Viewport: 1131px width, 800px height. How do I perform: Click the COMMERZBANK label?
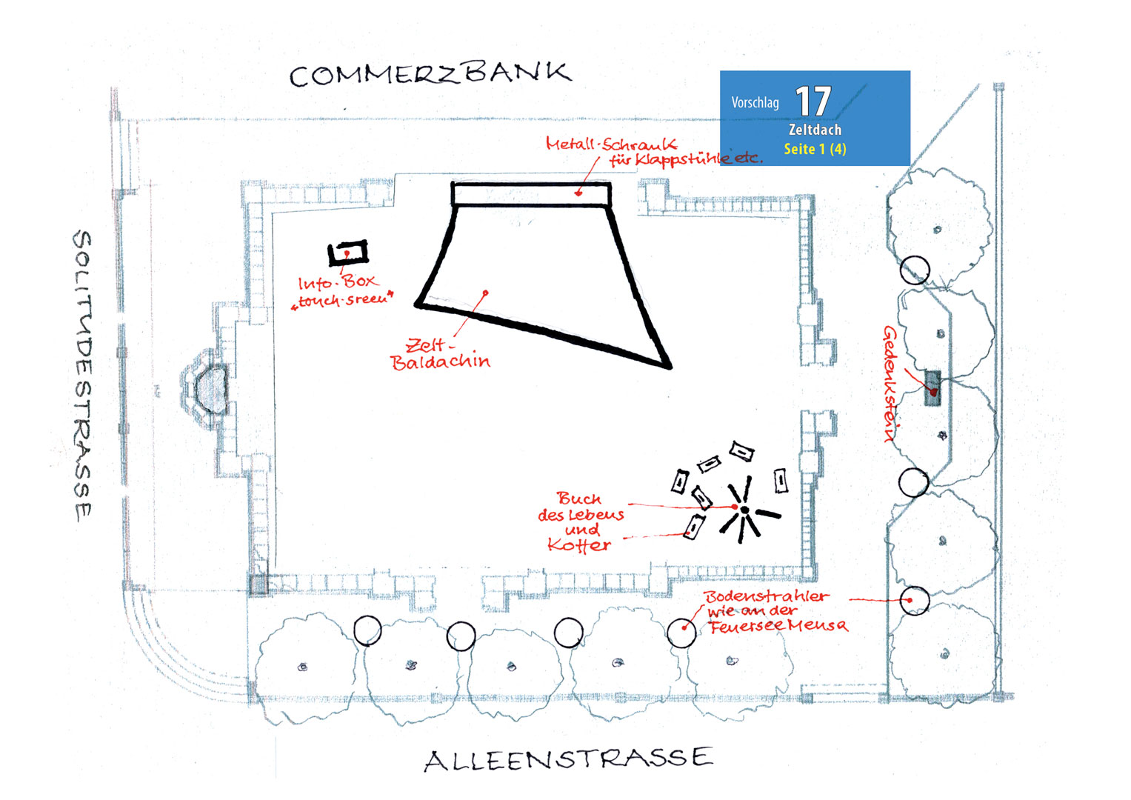(x=430, y=75)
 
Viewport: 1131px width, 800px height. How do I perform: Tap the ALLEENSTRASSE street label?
(x=569, y=760)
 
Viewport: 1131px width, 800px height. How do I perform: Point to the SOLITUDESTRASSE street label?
(x=83, y=376)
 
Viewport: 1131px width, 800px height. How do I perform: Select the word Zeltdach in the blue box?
(x=815, y=130)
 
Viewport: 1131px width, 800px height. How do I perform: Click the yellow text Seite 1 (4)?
(x=815, y=149)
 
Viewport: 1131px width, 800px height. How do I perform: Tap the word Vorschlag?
(x=755, y=103)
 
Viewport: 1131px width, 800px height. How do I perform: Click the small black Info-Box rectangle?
(x=348, y=253)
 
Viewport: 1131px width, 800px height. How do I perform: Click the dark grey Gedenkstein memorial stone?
(x=933, y=388)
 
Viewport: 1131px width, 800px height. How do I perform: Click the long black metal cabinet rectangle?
(x=531, y=194)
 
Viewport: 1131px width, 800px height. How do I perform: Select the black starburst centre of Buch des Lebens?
(x=745, y=510)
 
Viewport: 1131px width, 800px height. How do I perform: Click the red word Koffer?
(x=579, y=545)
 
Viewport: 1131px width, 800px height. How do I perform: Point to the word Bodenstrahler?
(x=767, y=596)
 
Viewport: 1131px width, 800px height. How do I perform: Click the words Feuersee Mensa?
(x=778, y=626)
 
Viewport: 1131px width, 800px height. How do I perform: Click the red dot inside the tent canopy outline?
(x=485, y=293)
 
